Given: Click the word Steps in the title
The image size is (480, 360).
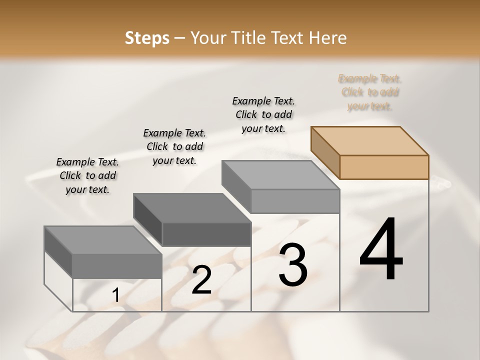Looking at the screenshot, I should (147, 38).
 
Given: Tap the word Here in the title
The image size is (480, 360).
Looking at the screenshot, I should (328, 38).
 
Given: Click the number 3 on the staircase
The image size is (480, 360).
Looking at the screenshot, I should (292, 265).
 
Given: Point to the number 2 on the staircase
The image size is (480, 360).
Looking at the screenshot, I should (201, 280).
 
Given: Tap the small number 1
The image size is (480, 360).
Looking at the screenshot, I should (115, 295).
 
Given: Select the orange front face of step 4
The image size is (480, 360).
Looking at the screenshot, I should (384, 167).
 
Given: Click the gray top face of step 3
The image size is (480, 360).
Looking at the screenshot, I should (280, 174).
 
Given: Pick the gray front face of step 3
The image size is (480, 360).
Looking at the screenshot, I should (295, 201).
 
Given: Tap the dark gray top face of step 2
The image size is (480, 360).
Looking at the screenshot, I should (192, 207).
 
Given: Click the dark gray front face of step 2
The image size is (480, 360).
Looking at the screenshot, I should (206, 234).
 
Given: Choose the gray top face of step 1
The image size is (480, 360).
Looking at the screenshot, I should (103, 240).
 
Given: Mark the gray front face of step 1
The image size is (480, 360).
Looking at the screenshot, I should (117, 266).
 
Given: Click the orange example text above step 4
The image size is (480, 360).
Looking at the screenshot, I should (370, 92).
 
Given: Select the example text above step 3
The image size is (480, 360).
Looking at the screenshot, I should (263, 114).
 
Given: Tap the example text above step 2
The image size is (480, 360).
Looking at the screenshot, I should (174, 146).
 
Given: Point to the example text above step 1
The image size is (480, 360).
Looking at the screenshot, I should (87, 175).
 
